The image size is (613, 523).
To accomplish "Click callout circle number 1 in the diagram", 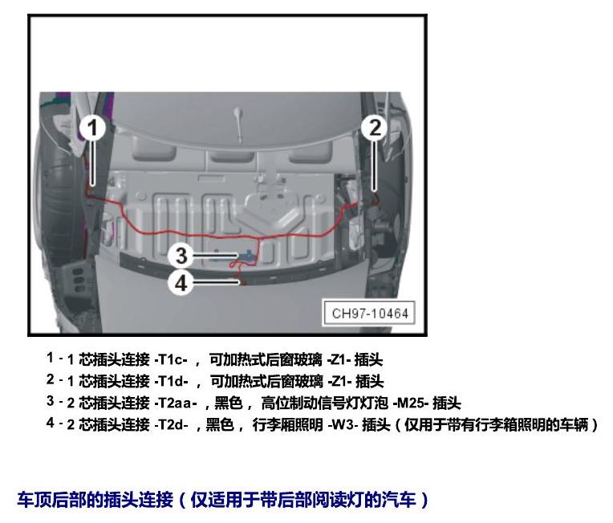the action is [92, 128].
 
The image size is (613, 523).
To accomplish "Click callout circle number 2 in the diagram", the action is [374, 128].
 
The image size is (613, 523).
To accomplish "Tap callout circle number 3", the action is [181, 256].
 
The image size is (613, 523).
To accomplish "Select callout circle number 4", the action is [181, 282].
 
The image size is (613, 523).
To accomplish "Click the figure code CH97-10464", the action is [370, 313].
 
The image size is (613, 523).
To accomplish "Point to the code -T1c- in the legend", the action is [171, 359].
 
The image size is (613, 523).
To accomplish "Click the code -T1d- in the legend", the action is [172, 382].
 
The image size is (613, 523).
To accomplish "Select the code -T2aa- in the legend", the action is [176, 403].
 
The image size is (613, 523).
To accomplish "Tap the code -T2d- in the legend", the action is [172, 424].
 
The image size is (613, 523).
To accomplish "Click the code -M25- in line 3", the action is [411, 403].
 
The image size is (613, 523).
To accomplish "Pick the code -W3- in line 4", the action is [343, 424].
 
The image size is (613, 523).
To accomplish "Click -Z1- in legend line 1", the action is [339, 359].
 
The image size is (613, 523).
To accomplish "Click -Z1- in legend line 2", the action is [339, 382].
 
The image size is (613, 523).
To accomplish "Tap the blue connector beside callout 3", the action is [247, 255].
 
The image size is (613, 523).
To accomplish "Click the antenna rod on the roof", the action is [238, 124].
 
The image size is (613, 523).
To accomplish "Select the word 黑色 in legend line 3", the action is [229, 403].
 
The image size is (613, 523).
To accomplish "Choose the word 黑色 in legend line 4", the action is [220, 424].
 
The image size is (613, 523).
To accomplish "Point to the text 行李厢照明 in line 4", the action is [288, 424].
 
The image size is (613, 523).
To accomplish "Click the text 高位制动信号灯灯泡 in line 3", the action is [324, 403].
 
